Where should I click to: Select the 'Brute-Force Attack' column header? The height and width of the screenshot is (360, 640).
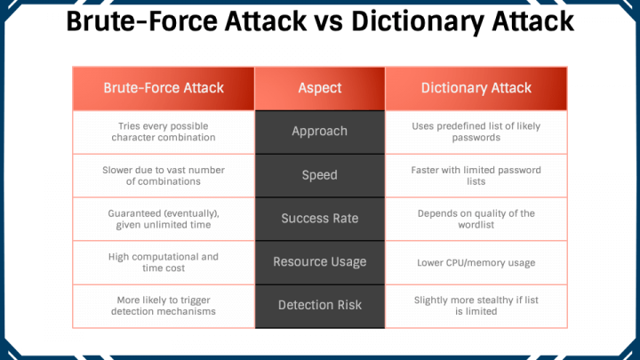tap(164, 88)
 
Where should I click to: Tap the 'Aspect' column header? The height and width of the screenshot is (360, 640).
tap(320, 88)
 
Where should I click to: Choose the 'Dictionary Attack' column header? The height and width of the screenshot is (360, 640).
tap(476, 88)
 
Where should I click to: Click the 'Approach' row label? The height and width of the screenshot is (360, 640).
tap(320, 132)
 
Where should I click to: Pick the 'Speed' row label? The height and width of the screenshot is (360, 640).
tap(320, 175)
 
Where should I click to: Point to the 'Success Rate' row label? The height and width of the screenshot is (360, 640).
tap(320, 219)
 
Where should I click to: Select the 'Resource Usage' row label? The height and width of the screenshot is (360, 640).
tap(320, 262)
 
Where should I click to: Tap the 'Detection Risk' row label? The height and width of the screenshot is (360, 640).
tap(320, 306)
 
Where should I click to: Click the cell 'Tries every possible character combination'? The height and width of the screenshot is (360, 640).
tap(164, 132)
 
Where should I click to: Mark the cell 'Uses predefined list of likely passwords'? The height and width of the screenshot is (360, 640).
tap(476, 132)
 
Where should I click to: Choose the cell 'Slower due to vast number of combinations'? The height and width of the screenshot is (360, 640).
tap(164, 175)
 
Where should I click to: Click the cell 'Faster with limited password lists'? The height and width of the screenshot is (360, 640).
tap(476, 175)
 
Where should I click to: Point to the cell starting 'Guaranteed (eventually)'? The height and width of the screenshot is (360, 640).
tap(164, 219)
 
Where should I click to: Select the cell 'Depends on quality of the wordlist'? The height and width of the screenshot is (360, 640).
tap(476, 219)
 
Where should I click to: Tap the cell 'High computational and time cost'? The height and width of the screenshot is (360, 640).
tap(164, 262)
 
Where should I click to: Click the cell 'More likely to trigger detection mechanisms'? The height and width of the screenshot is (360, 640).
tap(164, 306)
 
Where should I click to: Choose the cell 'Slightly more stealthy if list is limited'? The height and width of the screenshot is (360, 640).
tap(476, 306)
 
